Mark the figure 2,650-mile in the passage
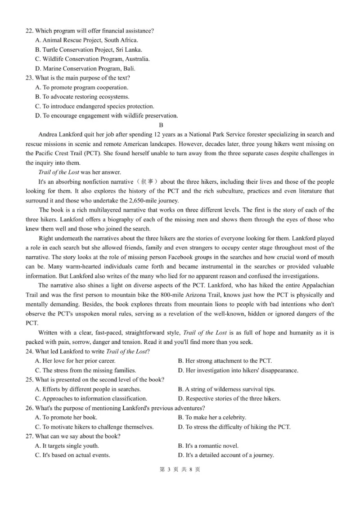pyautogui.click(x=133, y=201)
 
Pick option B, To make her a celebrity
pyautogui.click(x=212, y=418)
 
